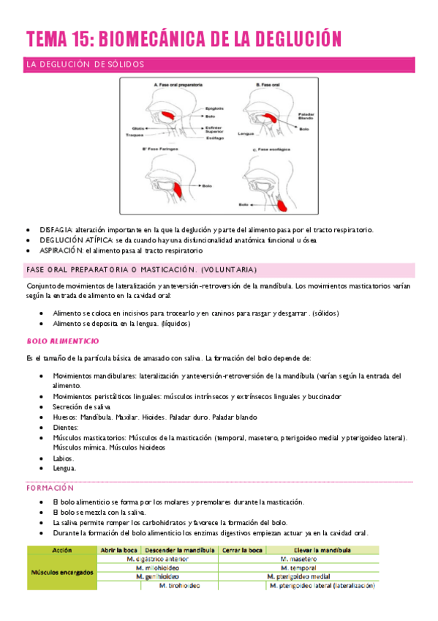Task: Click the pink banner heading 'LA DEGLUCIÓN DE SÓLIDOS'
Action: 85,64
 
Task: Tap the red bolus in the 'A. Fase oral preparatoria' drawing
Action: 167,117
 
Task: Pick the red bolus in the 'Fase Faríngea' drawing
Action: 173,190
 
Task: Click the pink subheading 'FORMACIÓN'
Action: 50,487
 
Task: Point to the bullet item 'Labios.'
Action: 63,458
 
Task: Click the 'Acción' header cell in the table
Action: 61,549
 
